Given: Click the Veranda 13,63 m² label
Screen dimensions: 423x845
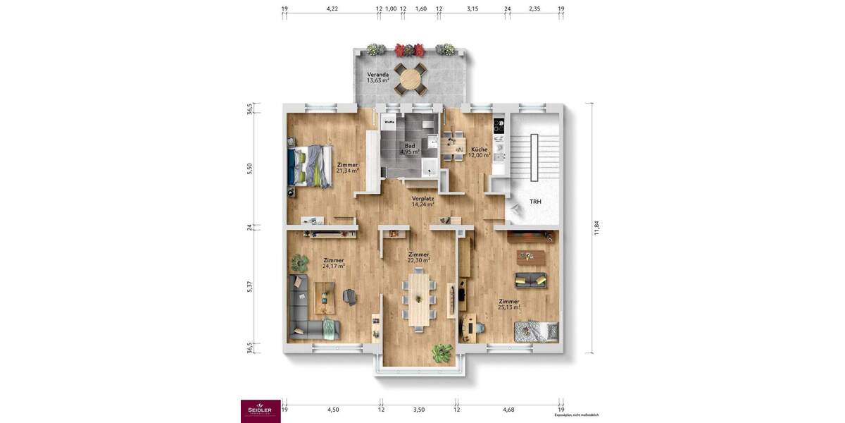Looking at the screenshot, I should point(378,77).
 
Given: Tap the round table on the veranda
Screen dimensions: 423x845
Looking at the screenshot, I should point(410,78).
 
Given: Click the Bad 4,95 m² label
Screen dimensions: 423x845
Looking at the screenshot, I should point(410,148).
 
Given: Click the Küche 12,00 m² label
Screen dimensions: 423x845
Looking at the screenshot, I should point(480,152).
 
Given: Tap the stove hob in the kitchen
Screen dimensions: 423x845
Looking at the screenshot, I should point(499,126).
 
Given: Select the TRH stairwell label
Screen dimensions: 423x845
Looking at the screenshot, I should point(536,202).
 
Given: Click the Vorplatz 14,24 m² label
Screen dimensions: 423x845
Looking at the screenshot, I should point(423,202).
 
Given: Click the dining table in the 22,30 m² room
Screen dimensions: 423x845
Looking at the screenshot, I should point(419,300).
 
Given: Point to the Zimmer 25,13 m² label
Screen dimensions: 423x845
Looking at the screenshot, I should point(508,304).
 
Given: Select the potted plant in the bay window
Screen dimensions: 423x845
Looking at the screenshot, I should point(442,352).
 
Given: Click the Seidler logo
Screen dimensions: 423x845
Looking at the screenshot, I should point(261,411).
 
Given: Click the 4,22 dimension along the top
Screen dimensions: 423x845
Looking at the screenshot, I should point(332,9).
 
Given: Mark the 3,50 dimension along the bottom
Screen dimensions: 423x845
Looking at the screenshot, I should point(419,409).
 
